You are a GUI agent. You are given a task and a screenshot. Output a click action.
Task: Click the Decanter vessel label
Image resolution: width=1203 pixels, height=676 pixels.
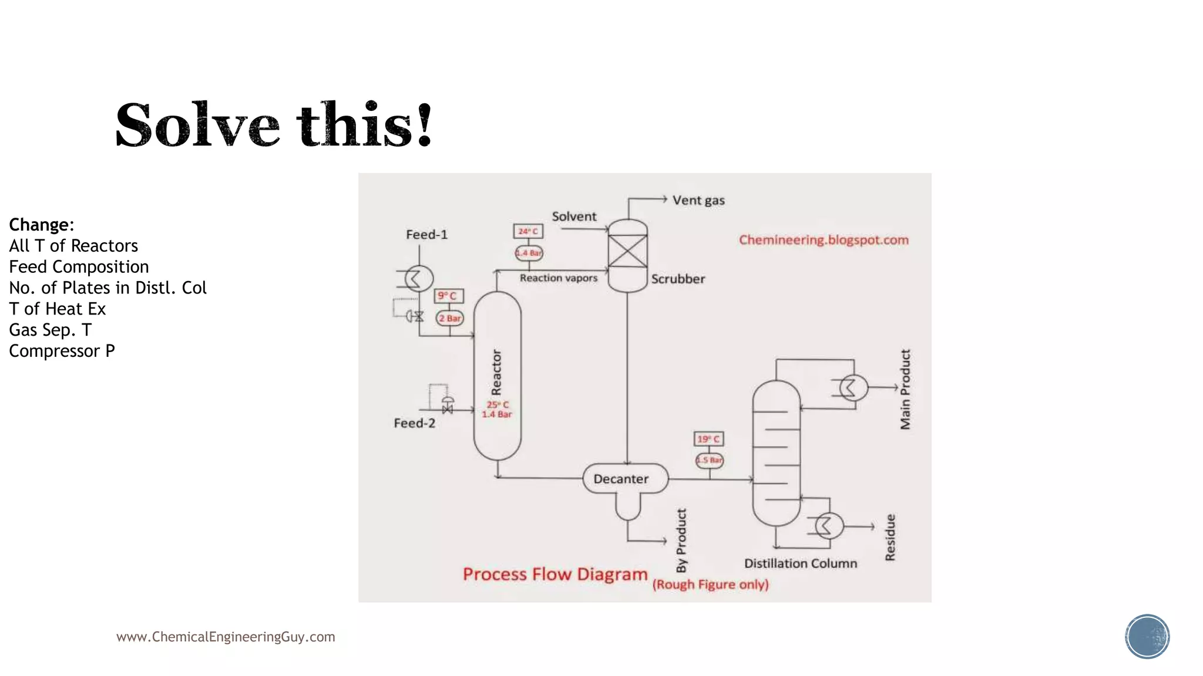pos(621,479)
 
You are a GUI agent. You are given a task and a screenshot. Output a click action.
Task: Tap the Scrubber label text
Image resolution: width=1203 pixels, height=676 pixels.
pos(678,279)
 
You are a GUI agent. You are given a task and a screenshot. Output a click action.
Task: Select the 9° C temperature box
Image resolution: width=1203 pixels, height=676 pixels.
pos(449,296)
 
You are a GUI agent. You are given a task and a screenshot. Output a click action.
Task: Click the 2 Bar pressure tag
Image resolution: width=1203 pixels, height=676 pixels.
pos(450,318)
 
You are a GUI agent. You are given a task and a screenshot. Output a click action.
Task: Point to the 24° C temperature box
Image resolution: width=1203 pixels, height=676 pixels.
pos(528,231)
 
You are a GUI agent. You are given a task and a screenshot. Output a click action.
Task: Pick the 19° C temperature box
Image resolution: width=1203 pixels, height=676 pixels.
pos(709,439)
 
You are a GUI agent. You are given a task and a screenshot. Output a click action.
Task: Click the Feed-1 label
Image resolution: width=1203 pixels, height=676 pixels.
pos(426,235)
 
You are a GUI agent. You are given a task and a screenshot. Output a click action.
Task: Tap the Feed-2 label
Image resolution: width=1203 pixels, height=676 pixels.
pos(414,423)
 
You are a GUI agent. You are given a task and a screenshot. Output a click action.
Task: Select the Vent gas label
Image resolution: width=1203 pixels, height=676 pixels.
pos(698,201)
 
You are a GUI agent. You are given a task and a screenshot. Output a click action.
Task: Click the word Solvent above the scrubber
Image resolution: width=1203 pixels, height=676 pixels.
pos(574,217)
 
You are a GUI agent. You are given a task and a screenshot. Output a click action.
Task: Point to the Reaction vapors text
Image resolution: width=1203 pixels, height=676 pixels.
pos(558,278)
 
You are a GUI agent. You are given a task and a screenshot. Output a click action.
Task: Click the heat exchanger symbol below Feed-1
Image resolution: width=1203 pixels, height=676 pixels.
pos(419,278)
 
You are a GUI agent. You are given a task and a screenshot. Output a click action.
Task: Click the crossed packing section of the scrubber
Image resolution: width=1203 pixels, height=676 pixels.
pos(627,251)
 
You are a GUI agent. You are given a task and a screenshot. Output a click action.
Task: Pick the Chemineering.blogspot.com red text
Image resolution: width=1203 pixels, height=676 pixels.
pos(824,240)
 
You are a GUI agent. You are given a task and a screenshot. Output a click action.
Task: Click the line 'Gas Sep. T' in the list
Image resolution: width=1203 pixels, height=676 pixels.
pos(51,330)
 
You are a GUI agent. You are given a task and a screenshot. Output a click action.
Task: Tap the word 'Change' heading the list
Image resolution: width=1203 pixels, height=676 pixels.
pos(40,225)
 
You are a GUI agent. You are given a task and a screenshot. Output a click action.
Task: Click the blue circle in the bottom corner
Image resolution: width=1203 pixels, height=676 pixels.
pos(1147,637)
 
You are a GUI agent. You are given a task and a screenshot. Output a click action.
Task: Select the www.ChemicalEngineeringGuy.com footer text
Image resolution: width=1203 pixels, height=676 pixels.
pos(226,637)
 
